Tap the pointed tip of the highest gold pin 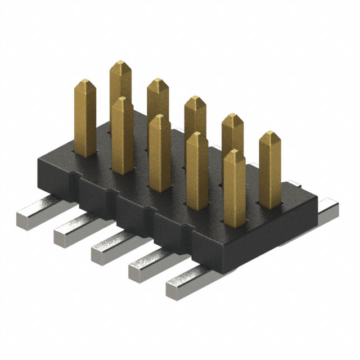(x=120, y=65)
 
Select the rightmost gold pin (x=269, y=169)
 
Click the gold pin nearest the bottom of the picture (x=234, y=186)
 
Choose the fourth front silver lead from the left (x=146, y=264)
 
